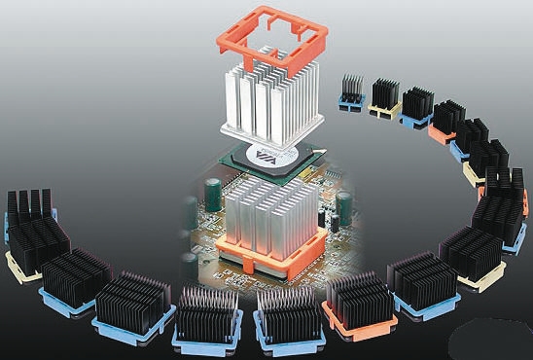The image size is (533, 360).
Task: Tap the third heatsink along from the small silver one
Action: click(x=417, y=104)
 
